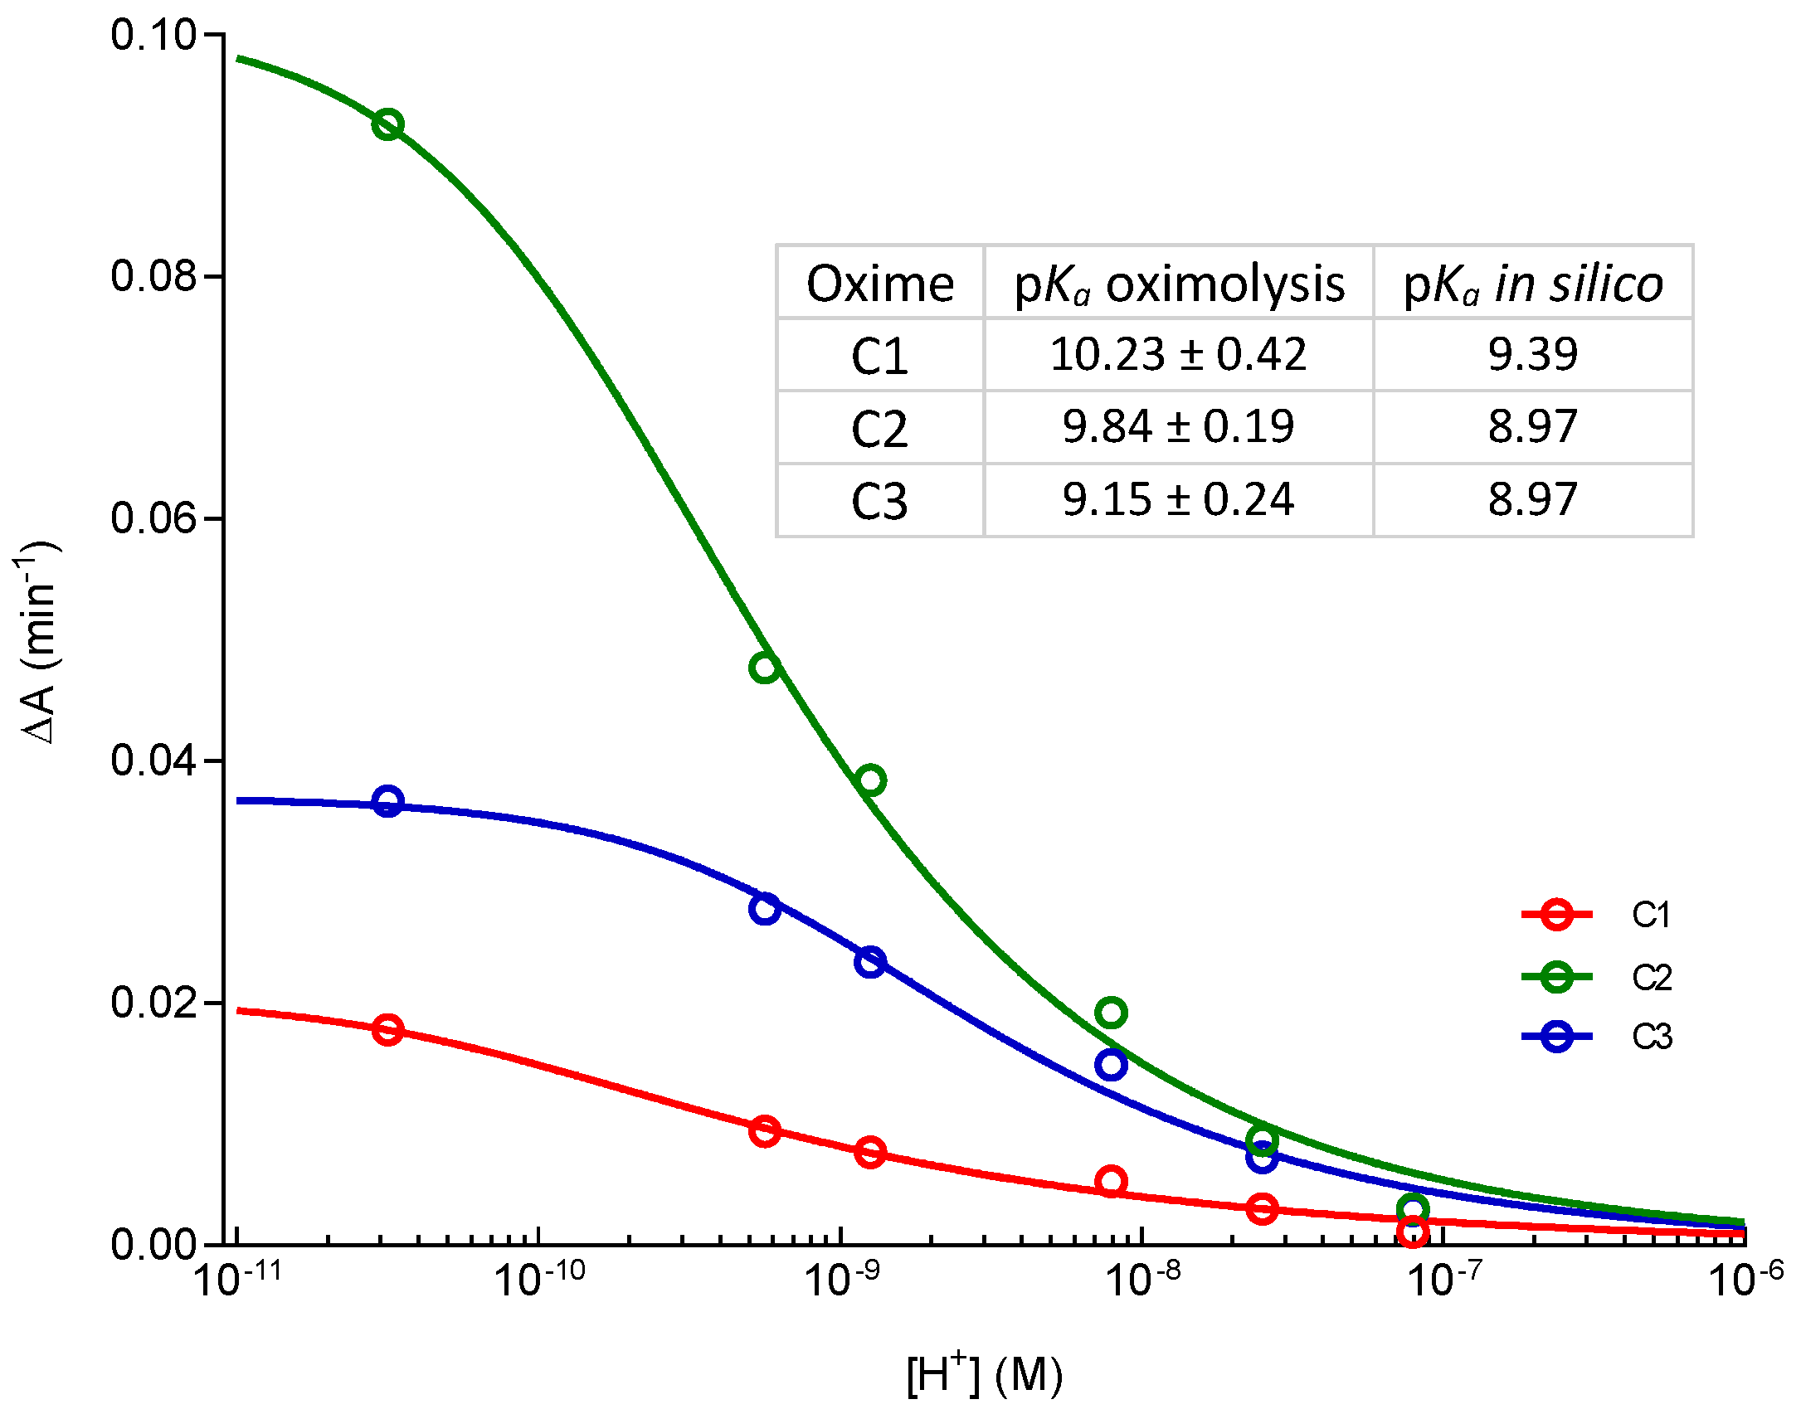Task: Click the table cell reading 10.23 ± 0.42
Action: pyautogui.click(x=1178, y=354)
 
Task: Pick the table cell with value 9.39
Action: pyautogui.click(x=1532, y=354)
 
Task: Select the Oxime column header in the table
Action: pyautogui.click(x=880, y=284)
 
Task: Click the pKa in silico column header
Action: pyautogui.click(x=1532, y=284)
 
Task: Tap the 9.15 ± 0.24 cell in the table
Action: pyautogui.click(x=1178, y=499)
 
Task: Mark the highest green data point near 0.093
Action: pyautogui.click(x=387, y=125)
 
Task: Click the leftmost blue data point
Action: pyautogui.click(x=387, y=801)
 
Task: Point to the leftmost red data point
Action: pyautogui.click(x=387, y=1030)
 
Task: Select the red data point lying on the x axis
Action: pyautogui.click(x=1413, y=1232)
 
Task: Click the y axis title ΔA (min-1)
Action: pyautogui.click(x=37, y=643)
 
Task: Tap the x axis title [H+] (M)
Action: pyautogui.click(x=984, y=1375)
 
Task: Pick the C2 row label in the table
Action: pyautogui.click(x=880, y=428)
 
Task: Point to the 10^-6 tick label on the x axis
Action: pyautogui.click(x=1745, y=1279)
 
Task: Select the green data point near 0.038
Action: pyautogui.click(x=870, y=780)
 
